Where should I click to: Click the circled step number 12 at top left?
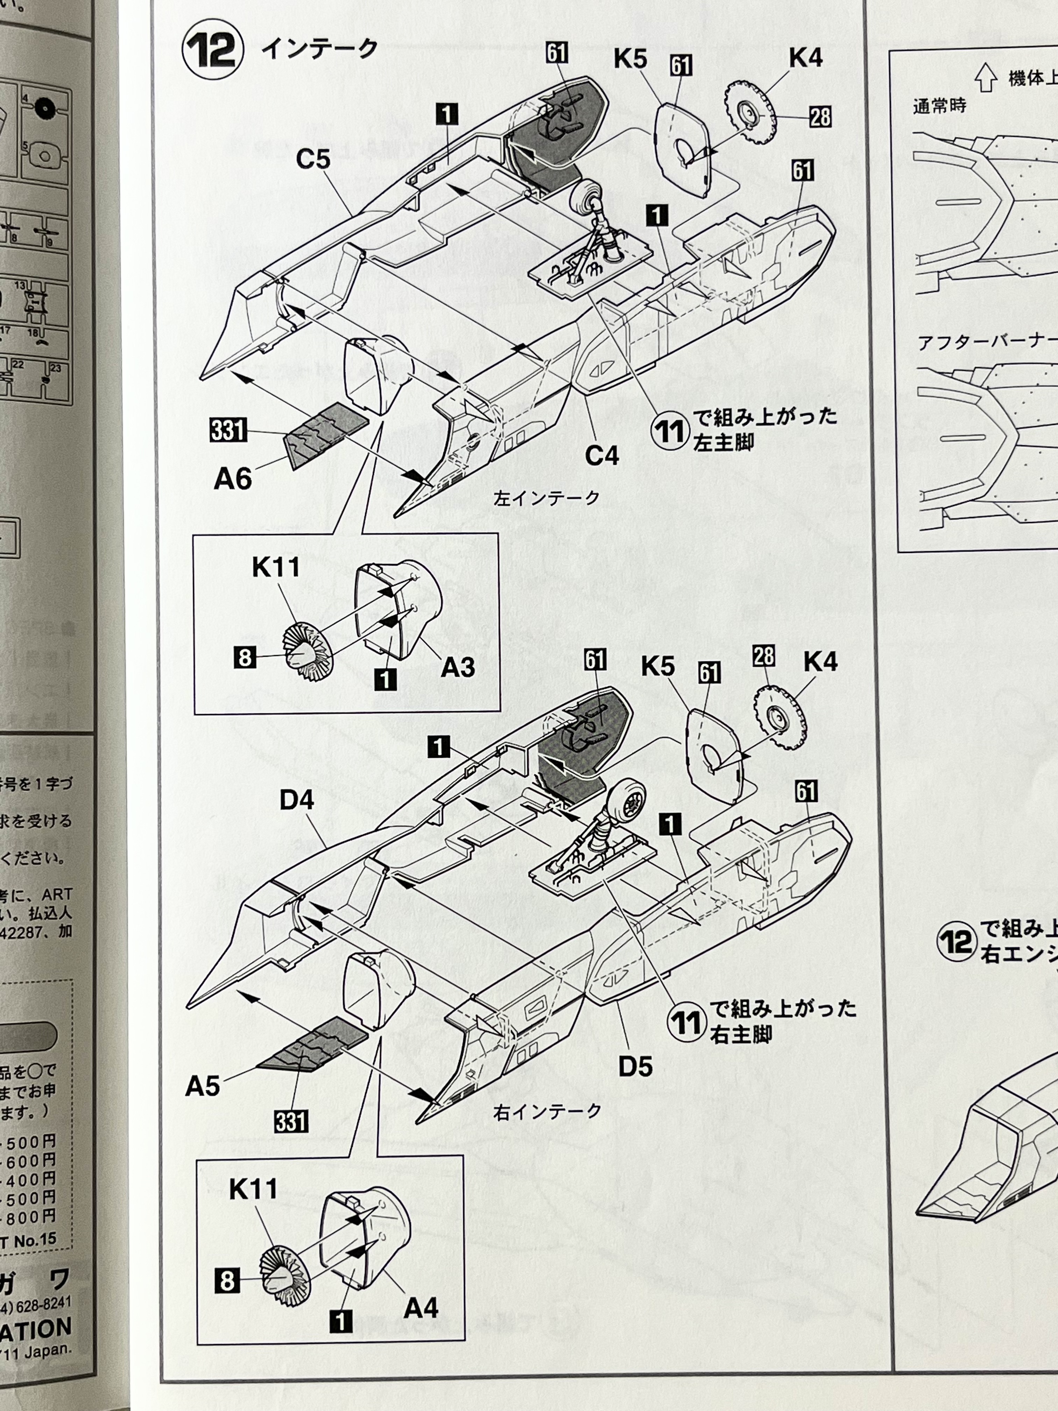tap(212, 51)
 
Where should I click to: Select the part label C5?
tap(313, 160)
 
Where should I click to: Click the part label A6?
tap(233, 478)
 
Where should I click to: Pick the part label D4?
tap(297, 800)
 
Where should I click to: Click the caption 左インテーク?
tap(546, 498)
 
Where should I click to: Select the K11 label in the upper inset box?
tap(275, 567)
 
